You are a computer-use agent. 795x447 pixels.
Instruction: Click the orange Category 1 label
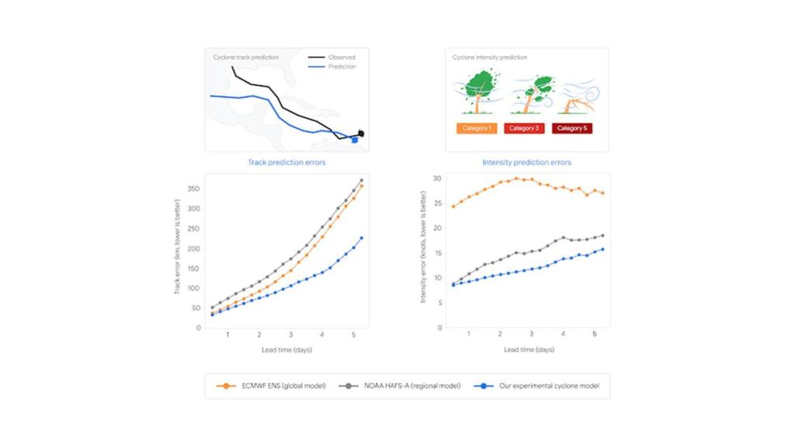click(x=477, y=128)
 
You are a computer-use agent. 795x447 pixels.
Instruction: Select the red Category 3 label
click(x=524, y=128)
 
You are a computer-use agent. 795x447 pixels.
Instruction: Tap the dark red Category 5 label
click(x=572, y=128)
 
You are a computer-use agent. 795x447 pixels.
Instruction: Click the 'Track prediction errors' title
click(x=286, y=162)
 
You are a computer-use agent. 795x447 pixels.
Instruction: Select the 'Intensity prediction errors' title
click(x=526, y=162)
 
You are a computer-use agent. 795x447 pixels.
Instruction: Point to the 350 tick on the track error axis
click(x=194, y=189)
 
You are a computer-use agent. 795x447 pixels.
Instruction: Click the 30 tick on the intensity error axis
click(x=437, y=178)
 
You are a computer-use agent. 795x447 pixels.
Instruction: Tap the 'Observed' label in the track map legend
click(x=342, y=57)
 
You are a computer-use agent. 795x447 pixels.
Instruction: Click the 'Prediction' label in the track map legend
click(x=342, y=67)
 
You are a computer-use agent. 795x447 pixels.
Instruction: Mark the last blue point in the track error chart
click(x=361, y=237)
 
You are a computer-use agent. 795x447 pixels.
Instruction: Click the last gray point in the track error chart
click(x=361, y=180)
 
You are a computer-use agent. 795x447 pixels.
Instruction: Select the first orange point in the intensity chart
click(x=453, y=206)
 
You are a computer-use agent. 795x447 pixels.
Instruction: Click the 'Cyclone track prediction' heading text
click(x=245, y=57)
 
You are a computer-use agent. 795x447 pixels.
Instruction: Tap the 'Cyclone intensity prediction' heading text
click(x=490, y=57)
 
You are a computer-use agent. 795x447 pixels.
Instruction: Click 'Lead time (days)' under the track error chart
click(x=289, y=349)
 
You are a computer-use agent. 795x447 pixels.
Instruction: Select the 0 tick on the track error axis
click(x=198, y=327)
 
